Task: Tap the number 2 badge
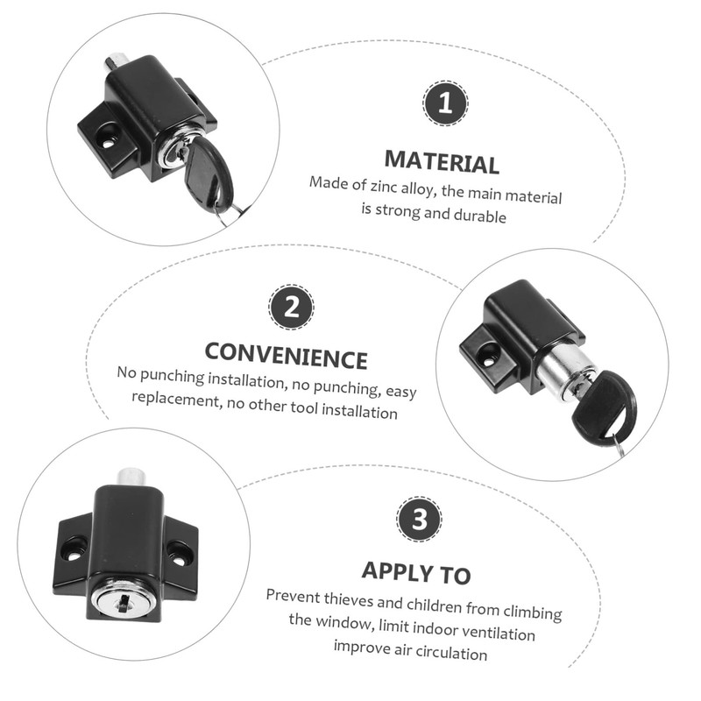tap(290, 307)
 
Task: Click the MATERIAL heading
tap(442, 163)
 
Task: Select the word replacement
tap(173, 398)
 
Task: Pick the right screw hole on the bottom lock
tap(180, 554)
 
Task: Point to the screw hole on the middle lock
tap(488, 356)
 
